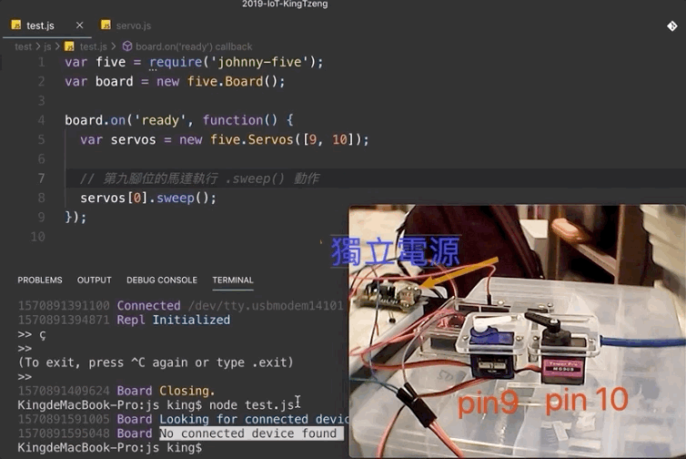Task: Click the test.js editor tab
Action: pyautogui.click(x=40, y=25)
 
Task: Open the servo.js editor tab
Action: pyautogui.click(x=133, y=25)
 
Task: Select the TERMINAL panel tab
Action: pyautogui.click(x=233, y=280)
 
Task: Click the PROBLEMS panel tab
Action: pyautogui.click(x=40, y=280)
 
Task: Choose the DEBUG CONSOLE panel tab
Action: pyautogui.click(x=162, y=280)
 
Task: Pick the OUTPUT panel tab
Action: pyautogui.click(x=95, y=280)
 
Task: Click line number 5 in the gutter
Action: pyautogui.click(x=42, y=139)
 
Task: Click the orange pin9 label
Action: pyautogui.click(x=490, y=403)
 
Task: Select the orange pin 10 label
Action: pyautogui.click(x=587, y=401)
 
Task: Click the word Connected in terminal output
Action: pyautogui.click(x=148, y=306)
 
